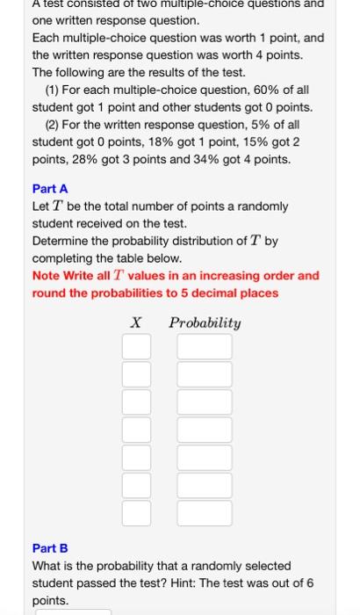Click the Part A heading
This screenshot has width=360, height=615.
coord(50,189)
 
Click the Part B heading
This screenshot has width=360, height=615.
coord(50,548)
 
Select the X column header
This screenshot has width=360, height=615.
coord(136,322)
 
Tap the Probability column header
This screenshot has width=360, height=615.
coord(205,322)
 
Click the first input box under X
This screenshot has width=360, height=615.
coord(136,346)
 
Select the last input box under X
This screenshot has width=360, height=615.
coord(136,513)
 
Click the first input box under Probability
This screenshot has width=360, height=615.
coord(205,346)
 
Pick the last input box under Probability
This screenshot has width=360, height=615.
coord(205,513)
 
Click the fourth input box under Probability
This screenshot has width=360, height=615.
coord(205,430)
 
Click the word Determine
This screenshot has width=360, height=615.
coord(61,241)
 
